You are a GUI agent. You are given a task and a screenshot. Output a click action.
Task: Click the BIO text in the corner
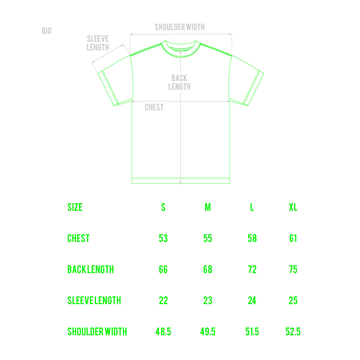tap(47, 31)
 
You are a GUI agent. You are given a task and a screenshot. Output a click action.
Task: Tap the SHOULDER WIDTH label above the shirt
tap(180, 27)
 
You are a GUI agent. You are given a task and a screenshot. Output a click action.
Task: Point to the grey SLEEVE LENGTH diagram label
tap(97, 43)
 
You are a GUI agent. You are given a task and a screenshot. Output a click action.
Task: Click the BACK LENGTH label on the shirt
tap(179, 82)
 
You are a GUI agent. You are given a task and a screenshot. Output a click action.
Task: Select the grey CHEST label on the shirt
tap(154, 107)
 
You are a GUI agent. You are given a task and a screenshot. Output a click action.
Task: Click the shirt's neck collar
tap(180, 49)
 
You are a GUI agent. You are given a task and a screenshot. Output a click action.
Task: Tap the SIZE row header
tap(75, 207)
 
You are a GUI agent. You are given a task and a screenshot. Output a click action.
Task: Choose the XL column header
tap(293, 207)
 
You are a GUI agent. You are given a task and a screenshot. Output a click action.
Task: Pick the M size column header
tap(208, 207)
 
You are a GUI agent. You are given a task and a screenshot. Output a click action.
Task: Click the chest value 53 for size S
tap(163, 238)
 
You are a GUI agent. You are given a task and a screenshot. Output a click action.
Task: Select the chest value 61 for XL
tap(293, 238)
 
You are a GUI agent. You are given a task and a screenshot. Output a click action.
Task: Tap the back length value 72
tap(252, 269)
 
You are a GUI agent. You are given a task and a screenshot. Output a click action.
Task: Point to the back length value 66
tap(163, 269)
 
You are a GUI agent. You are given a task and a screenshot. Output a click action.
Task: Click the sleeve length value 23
tap(208, 301)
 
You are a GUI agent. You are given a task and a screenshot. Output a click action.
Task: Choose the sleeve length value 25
tap(293, 301)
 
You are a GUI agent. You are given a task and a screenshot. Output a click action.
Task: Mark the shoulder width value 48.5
tap(163, 332)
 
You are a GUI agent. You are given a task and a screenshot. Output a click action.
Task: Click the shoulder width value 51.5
tap(252, 332)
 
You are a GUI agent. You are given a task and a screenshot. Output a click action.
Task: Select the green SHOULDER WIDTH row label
tap(97, 332)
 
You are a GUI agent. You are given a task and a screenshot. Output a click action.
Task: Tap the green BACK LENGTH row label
tap(90, 269)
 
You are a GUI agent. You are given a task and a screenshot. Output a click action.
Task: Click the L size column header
tap(252, 207)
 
